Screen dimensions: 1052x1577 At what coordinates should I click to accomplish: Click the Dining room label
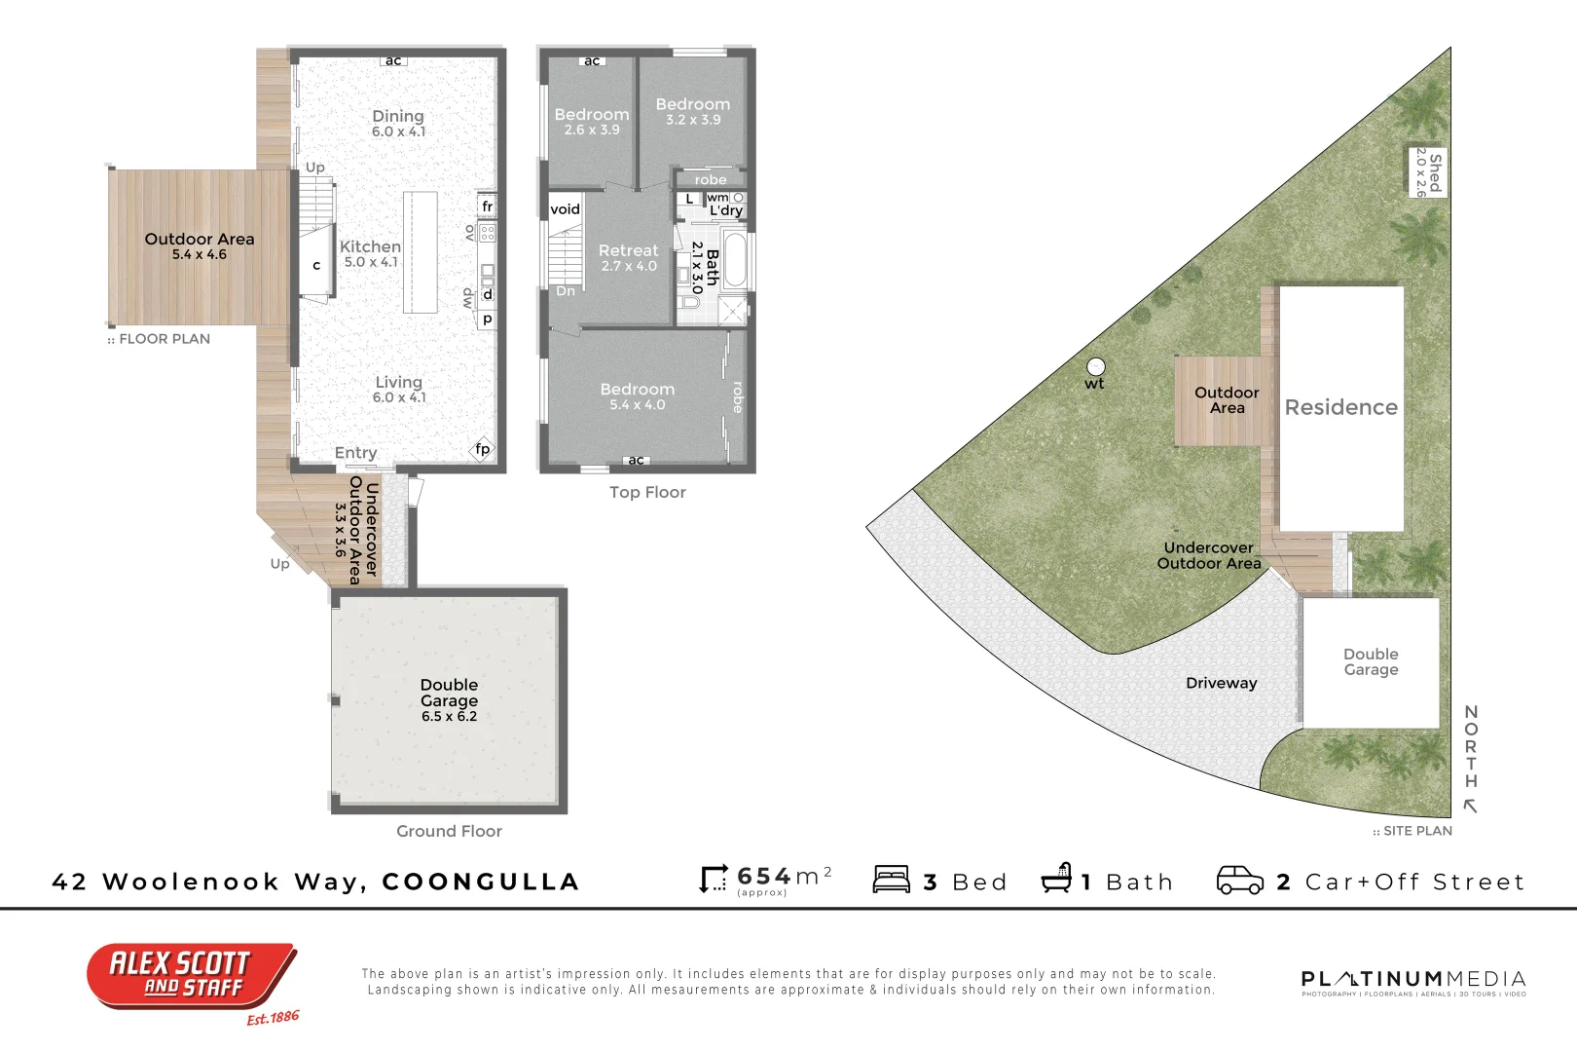click(398, 117)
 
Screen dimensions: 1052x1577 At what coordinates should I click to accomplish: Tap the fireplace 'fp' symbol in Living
click(482, 449)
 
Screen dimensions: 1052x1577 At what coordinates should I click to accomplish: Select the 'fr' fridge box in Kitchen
click(488, 207)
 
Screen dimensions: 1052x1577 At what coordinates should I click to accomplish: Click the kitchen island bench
click(421, 251)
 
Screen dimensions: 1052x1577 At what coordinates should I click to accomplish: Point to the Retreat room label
click(628, 251)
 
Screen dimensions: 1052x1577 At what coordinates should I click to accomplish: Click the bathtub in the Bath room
click(735, 260)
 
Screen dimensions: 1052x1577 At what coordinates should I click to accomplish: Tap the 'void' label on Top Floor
click(565, 209)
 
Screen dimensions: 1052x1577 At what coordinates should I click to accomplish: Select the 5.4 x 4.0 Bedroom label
click(637, 390)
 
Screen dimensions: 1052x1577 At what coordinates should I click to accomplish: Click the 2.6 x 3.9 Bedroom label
click(592, 115)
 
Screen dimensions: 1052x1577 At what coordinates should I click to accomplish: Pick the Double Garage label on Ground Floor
click(449, 693)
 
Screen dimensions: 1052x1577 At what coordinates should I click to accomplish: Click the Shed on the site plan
click(1428, 172)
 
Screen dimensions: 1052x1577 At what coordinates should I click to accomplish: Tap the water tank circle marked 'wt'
click(1096, 367)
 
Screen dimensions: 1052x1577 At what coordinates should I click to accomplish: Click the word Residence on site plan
click(1340, 407)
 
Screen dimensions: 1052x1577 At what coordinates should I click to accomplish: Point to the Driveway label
click(1221, 683)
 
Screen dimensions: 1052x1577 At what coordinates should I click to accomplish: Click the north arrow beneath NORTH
click(1471, 806)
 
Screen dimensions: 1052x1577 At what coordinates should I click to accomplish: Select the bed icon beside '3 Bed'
click(892, 880)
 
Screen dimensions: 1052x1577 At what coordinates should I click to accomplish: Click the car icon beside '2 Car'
click(1239, 880)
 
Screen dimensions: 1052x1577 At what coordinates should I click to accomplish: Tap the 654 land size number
click(764, 876)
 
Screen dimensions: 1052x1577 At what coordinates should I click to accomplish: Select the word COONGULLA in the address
click(481, 882)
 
